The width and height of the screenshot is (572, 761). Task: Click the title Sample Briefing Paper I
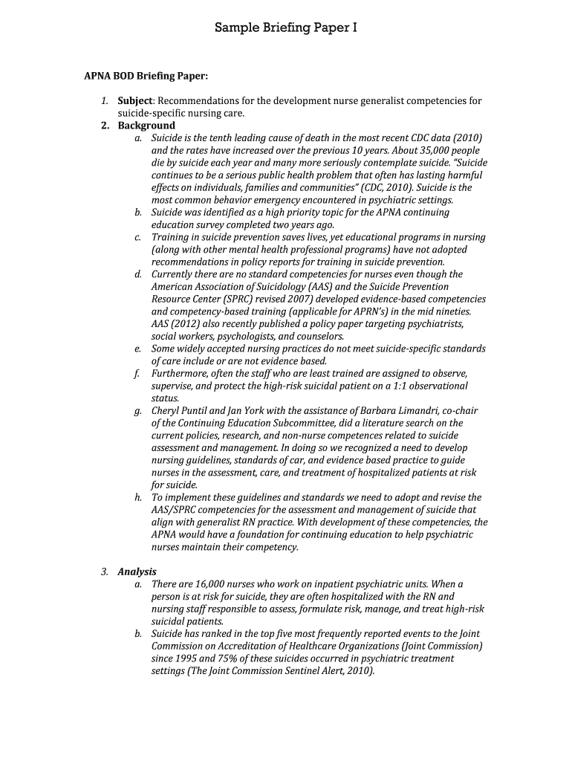(286, 28)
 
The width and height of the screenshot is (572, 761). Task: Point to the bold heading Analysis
(137, 571)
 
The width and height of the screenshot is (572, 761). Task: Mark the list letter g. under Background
(138, 410)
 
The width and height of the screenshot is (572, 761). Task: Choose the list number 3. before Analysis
(105, 571)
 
